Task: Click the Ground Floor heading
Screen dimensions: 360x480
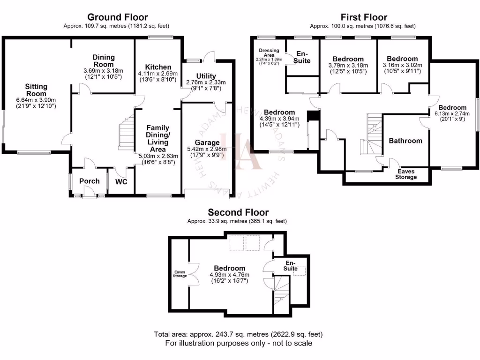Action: [x=117, y=18]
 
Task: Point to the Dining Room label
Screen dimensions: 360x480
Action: [x=103, y=61]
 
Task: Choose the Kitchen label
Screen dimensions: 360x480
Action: [x=158, y=67]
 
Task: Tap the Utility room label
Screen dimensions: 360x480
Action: [x=206, y=76]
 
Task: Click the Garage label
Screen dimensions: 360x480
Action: [x=207, y=142]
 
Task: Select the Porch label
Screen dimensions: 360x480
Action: [x=89, y=181]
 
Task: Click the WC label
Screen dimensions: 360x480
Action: [x=121, y=181]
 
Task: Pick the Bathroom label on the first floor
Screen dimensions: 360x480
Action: [x=405, y=141]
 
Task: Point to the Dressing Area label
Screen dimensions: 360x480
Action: [x=269, y=52]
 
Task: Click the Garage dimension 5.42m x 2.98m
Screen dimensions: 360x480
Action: [x=207, y=149]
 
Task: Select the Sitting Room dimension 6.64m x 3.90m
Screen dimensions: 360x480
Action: [x=36, y=100]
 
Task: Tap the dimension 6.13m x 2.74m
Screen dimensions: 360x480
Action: [x=452, y=113]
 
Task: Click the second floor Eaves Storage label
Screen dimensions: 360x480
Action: [x=180, y=274]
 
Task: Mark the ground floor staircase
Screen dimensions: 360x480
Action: [x=127, y=134]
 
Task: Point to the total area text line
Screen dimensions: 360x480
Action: [x=238, y=334]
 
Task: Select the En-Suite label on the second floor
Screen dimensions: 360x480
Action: [x=291, y=266]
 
